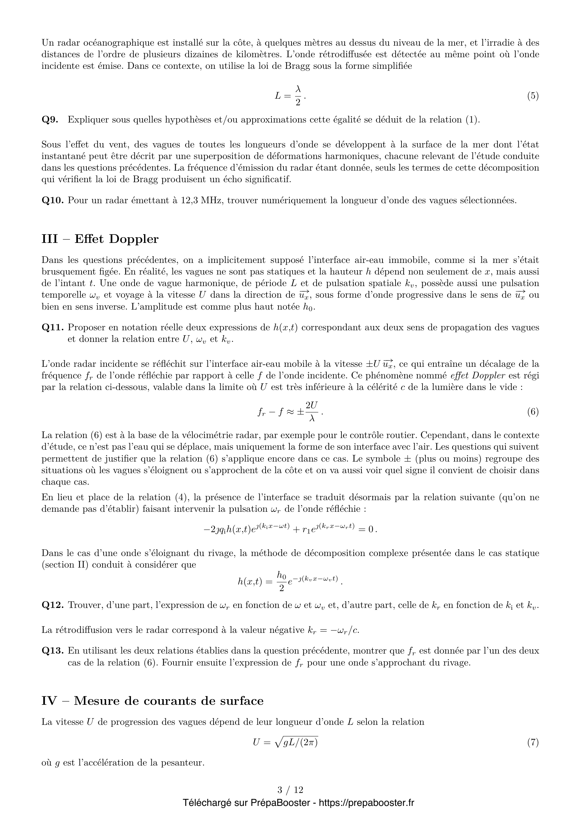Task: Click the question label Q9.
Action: click(x=50, y=119)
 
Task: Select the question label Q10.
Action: click(x=52, y=200)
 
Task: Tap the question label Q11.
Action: click(x=52, y=327)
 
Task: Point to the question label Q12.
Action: click(x=52, y=605)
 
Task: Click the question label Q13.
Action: click(x=52, y=651)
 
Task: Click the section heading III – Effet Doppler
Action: click(x=100, y=239)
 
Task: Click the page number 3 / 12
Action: click(x=290, y=789)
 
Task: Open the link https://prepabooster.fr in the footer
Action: click(x=366, y=803)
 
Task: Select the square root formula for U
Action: click(x=285, y=743)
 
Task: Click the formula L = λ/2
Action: click(x=290, y=95)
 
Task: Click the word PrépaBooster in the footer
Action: click(x=280, y=803)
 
